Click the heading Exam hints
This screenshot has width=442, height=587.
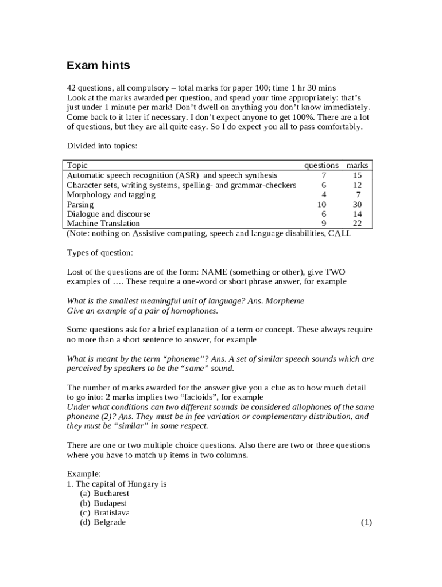click(x=98, y=66)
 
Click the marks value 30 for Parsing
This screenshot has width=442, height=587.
click(x=357, y=205)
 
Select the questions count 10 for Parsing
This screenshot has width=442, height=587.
click(x=322, y=205)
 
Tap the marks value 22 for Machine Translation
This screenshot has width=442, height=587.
click(x=357, y=224)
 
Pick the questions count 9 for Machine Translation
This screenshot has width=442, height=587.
click(x=324, y=224)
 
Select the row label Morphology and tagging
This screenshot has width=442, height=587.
click(x=111, y=195)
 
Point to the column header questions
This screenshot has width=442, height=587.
click(x=321, y=165)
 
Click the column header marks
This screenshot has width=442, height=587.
click(x=357, y=165)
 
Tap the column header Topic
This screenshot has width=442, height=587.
click(x=77, y=165)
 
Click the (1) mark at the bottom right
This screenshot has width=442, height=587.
click(x=367, y=523)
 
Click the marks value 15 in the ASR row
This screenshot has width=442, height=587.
click(x=357, y=175)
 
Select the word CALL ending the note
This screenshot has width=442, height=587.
click(x=340, y=233)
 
